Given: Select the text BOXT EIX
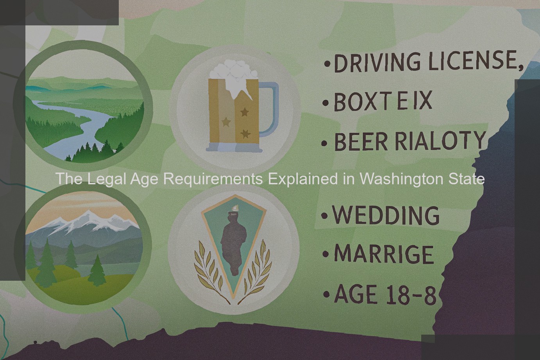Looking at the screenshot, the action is pyautogui.click(x=383, y=101).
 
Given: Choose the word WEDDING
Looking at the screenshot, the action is pyautogui.click(x=386, y=215).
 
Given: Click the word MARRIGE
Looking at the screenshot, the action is pyautogui.click(x=384, y=255).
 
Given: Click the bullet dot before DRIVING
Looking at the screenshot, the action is pyautogui.click(x=327, y=64).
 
